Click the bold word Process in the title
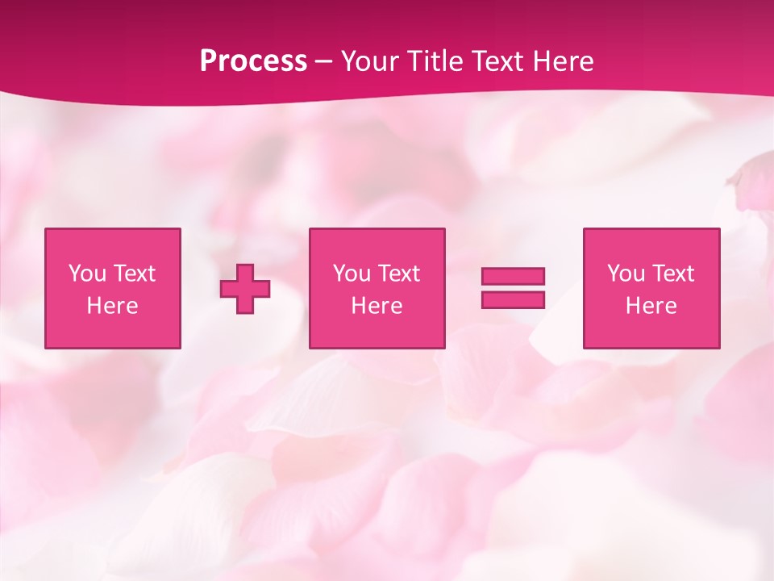pyautogui.click(x=253, y=61)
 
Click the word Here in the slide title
pyautogui.click(x=565, y=61)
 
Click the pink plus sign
pyautogui.click(x=245, y=289)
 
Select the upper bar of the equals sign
pyautogui.click(x=513, y=276)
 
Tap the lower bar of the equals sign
pyautogui.click(x=513, y=299)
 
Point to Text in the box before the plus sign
pyautogui.click(x=134, y=274)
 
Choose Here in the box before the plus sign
pyautogui.click(x=112, y=306)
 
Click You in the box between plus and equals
pyautogui.click(x=352, y=274)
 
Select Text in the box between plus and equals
pyautogui.click(x=398, y=274)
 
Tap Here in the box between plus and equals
pyautogui.click(x=377, y=306)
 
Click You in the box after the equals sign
pyautogui.click(x=626, y=274)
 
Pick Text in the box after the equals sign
pyautogui.click(x=672, y=274)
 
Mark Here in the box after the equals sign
pyautogui.click(x=651, y=306)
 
